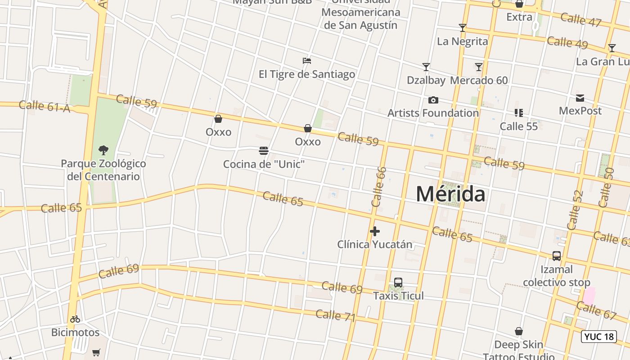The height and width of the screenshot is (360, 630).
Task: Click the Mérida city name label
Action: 450,194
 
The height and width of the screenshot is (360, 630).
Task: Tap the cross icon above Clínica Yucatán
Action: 374,231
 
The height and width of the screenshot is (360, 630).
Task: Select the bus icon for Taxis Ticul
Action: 398,283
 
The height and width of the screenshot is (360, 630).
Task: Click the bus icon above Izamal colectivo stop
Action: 557,256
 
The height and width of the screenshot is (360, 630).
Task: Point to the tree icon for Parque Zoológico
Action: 103,150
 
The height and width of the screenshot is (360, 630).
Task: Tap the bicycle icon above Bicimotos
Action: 75,319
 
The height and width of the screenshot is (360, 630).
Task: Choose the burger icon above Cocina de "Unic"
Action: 264,151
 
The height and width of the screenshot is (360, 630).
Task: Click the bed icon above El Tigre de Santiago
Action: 307,61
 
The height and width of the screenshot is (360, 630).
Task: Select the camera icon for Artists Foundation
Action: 433,100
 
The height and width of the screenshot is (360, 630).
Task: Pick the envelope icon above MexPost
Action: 580,98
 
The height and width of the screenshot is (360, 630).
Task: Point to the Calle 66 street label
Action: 379,187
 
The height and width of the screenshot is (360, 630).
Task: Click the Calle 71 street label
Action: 336,316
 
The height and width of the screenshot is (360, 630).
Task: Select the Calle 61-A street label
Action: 45,106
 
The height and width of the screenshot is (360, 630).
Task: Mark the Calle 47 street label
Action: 581,20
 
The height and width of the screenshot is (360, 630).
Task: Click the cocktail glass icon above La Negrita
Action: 462,28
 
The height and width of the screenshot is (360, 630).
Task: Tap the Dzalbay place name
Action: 426,81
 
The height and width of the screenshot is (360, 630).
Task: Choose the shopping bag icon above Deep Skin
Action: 519,332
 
